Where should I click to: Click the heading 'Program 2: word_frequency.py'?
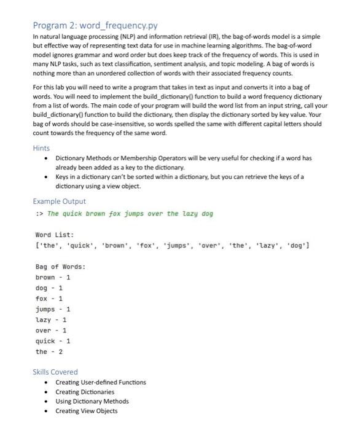pyautogui.click(x=96, y=25)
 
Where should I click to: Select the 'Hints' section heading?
pyautogui.click(x=41, y=148)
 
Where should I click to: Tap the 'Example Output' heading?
pyautogui.click(x=59, y=201)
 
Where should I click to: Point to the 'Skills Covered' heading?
pyautogui.click(x=55, y=372)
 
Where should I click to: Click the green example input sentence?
pyautogui.click(x=130, y=214)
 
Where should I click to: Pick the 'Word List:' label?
pyautogui.click(x=55, y=235)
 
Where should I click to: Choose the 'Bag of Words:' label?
pyautogui.click(x=60, y=266)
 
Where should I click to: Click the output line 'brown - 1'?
pyautogui.click(x=53, y=277)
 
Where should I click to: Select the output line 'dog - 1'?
pyautogui.click(x=49, y=287)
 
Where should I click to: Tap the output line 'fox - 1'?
pyautogui.click(x=49, y=299)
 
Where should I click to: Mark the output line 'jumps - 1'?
pyautogui.click(x=53, y=309)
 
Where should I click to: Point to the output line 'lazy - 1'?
pyautogui.click(x=51, y=319)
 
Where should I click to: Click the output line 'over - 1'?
pyautogui.click(x=51, y=330)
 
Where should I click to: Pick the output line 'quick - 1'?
pyautogui.click(x=53, y=341)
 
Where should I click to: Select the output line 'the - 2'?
pyautogui.click(x=49, y=352)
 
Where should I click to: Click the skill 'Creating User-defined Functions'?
pyautogui.click(x=101, y=382)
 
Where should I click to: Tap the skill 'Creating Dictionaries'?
pyautogui.click(x=85, y=392)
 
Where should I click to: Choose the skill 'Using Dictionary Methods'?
pyautogui.click(x=92, y=401)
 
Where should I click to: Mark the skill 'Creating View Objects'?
pyautogui.click(x=86, y=411)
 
